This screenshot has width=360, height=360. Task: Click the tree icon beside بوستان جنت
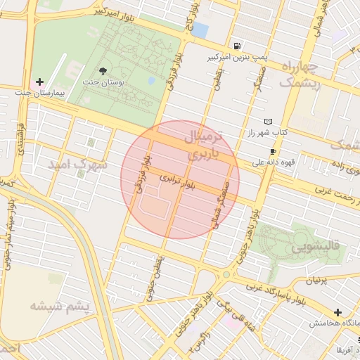104,70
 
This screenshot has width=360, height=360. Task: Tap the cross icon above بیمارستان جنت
39,82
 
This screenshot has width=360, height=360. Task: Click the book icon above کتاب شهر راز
268,121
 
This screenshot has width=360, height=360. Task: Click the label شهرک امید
77,164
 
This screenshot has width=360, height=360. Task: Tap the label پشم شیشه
60,306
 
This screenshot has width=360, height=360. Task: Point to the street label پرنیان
316,281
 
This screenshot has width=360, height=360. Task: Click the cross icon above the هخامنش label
338,312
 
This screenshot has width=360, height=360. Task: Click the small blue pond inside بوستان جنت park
151,80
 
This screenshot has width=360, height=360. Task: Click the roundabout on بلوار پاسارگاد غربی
226,276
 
